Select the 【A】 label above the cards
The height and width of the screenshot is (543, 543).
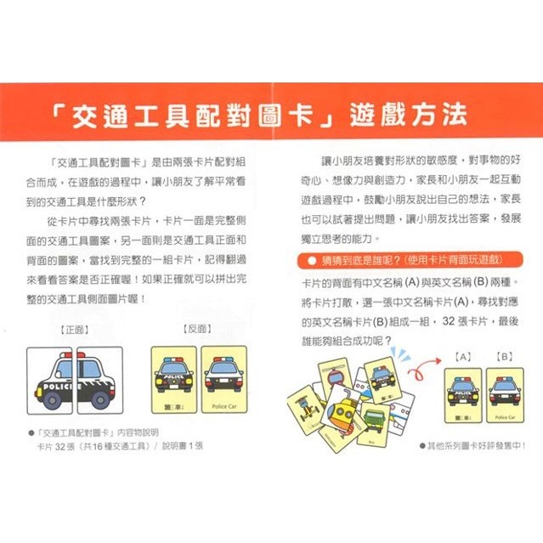click(463, 358)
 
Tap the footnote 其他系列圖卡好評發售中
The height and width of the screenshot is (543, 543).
click(478, 444)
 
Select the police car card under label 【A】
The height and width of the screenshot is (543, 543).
click(463, 396)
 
